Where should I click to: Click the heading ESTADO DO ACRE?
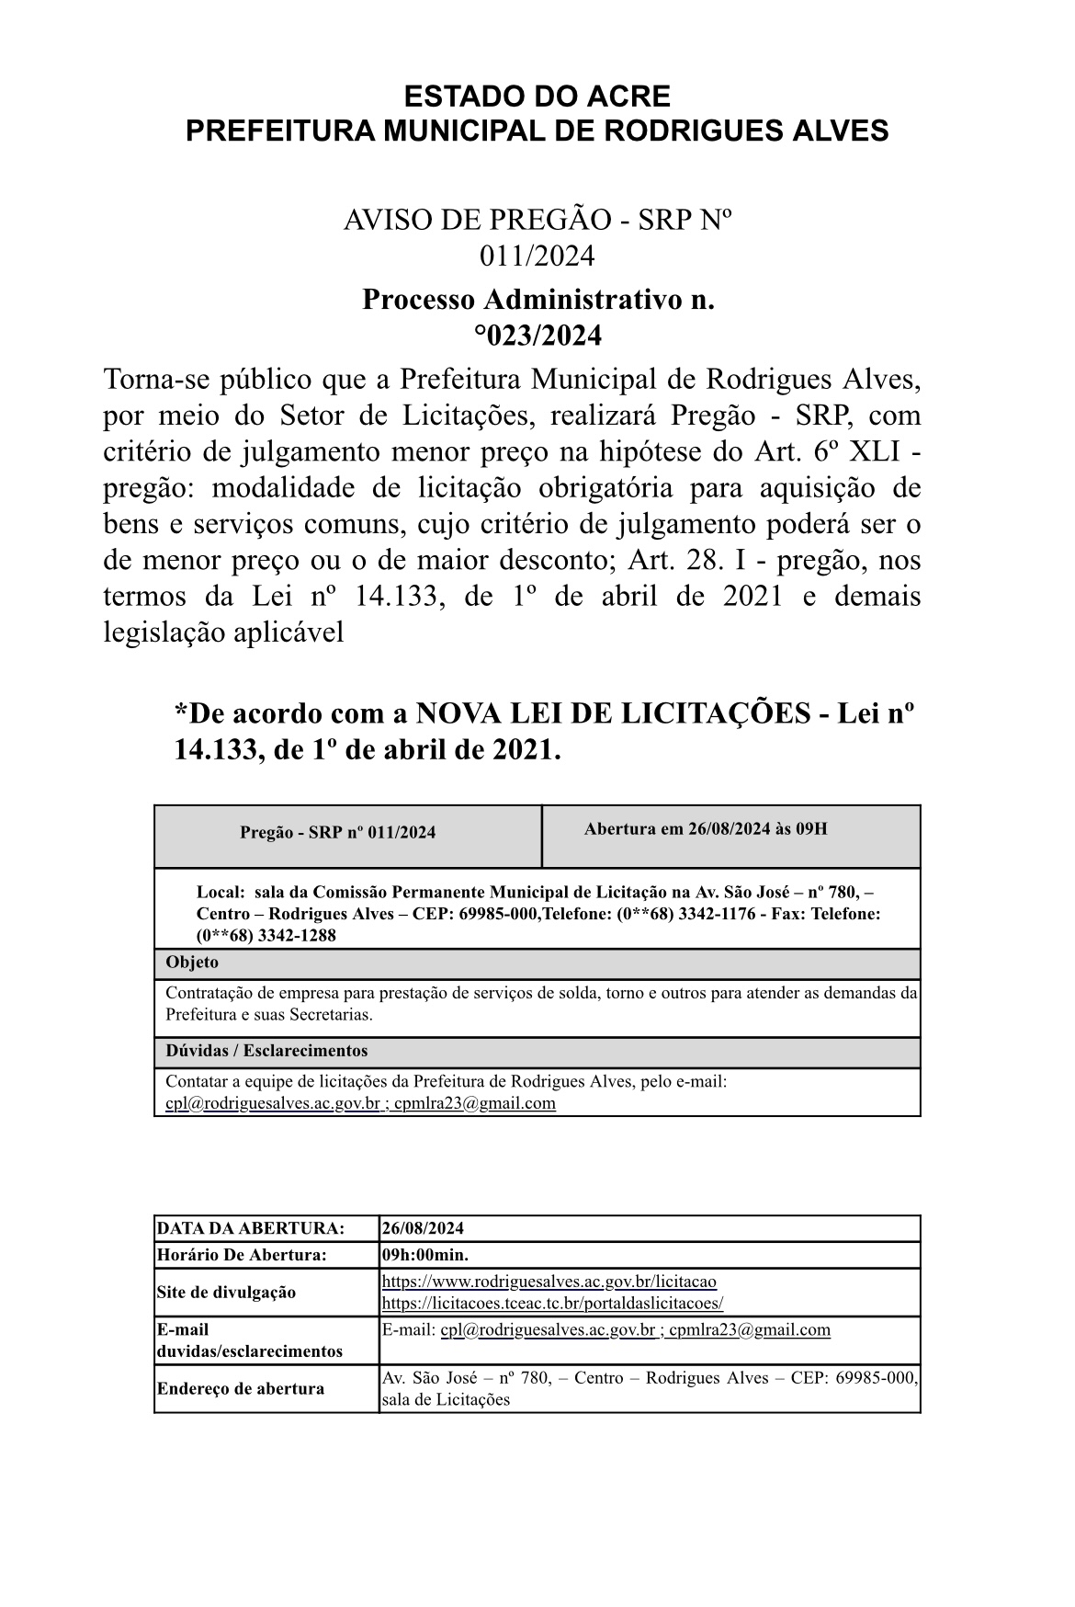(x=537, y=96)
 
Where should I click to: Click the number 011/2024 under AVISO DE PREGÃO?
(x=537, y=256)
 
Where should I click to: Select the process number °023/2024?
(x=537, y=336)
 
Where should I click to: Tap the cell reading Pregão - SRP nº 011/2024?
(x=337, y=833)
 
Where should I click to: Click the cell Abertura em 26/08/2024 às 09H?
(x=705, y=829)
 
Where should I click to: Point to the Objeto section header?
(x=192, y=963)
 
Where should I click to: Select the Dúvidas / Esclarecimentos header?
(x=266, y=1051)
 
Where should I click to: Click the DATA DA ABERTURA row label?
(x=251, y=1228)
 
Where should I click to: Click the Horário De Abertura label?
(x=242, y=1255)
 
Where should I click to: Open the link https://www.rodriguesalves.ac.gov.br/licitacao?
(x=549, y=1282)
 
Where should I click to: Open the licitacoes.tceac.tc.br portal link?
(x=552, y=1304)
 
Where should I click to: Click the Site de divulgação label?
(x=226, y=1293)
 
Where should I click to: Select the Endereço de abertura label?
(x=241, y=1388)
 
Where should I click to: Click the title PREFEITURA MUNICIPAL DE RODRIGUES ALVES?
(x=537, y=131)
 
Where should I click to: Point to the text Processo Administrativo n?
(x=537, y=300)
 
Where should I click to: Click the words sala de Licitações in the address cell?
(x=445, y=1400)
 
